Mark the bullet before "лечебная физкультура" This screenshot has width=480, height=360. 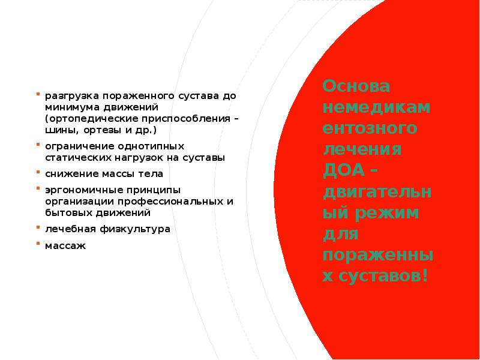[38, 227]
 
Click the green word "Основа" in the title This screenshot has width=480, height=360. [356, 86]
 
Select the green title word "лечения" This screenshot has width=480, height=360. [362, 149]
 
